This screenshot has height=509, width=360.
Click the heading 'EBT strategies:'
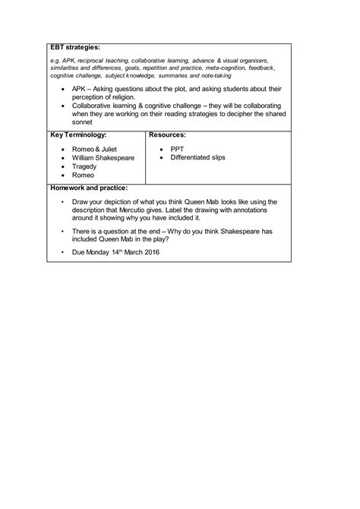[75, 48]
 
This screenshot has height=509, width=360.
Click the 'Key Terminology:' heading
[79, 134]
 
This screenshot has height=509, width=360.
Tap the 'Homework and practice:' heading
[88, 187]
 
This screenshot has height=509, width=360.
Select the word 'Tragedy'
[84, 166]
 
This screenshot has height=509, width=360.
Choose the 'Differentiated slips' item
[197, 157]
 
